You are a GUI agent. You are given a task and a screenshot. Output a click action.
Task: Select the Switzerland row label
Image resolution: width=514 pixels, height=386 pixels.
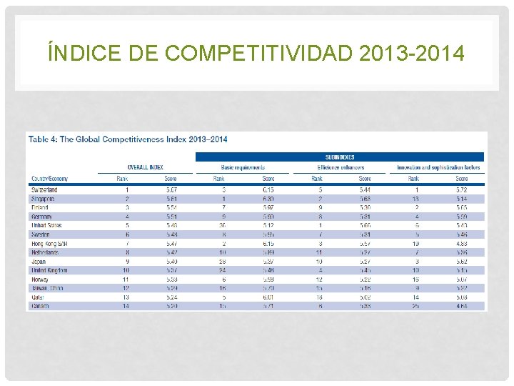click(x=44, y=189)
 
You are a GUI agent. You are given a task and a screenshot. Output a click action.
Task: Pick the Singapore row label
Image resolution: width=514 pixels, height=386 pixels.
click(x=44, y=199)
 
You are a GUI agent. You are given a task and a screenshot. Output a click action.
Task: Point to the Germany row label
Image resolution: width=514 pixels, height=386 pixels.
click(x=42, y=216)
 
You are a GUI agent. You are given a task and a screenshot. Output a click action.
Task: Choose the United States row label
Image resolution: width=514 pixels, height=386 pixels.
click(x=46, y=225)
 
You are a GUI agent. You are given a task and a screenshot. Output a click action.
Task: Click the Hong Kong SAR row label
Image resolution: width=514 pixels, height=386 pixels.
click(x=47, y=243)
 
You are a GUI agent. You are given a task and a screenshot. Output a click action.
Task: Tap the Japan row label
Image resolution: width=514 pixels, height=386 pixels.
click(x=39, y=261)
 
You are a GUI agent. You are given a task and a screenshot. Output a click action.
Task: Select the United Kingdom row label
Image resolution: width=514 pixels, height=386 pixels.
click(x=49, y=270)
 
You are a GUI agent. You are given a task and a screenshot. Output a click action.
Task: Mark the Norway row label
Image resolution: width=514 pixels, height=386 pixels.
click(x=41, y=279)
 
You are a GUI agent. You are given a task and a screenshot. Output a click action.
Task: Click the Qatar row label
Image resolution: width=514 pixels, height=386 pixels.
click(x=39, y=297)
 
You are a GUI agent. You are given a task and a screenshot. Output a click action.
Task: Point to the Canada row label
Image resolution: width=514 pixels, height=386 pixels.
click(x=41, y=306)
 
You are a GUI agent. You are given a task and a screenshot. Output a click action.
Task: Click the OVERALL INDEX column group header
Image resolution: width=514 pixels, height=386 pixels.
click(x=147, y=167)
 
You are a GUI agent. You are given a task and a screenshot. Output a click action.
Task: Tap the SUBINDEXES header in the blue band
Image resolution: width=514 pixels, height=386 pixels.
click(x=340, y=157)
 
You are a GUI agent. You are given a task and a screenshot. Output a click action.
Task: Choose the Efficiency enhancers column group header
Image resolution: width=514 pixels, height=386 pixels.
click(x=341, y=167)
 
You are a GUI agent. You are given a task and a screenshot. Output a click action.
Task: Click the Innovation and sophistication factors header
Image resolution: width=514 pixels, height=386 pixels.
click(x=438, y=167)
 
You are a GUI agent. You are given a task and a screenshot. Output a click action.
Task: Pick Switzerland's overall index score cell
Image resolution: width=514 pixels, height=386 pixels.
click(x=171, y=189)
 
